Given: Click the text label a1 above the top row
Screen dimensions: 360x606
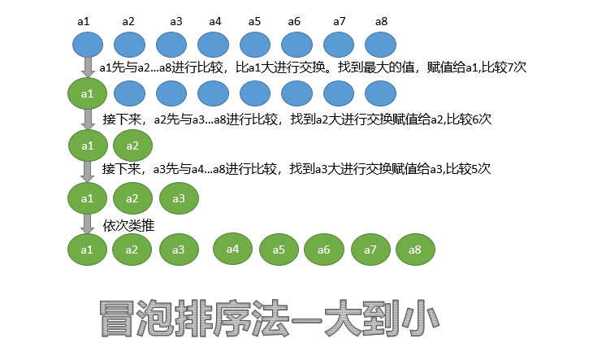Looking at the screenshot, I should pos(84,21).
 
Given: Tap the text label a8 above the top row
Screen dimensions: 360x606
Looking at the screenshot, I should pos(382,21).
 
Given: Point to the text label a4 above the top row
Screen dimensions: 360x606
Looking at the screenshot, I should pos(214,21).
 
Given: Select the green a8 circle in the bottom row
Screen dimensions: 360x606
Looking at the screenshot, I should pos(415,249).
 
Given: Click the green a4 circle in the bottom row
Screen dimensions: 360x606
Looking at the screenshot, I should pos(232,249).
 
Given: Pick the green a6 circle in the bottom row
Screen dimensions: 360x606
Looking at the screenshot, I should pos(323,249).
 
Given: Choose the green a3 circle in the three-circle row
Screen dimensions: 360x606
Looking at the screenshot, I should pos(178,198).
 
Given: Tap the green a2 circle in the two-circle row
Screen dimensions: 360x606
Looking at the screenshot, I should pos(132,147).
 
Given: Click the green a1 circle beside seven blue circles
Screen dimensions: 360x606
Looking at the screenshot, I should pos(88,95).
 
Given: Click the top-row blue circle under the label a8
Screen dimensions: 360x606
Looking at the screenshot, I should pos(384,45).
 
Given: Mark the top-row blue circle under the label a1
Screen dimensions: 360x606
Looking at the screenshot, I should pos(89,45).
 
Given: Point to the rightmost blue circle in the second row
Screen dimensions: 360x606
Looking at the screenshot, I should pos(384,95).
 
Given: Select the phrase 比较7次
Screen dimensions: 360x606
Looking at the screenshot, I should pos(504,67).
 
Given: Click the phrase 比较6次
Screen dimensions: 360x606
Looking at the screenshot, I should pos(469,119).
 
